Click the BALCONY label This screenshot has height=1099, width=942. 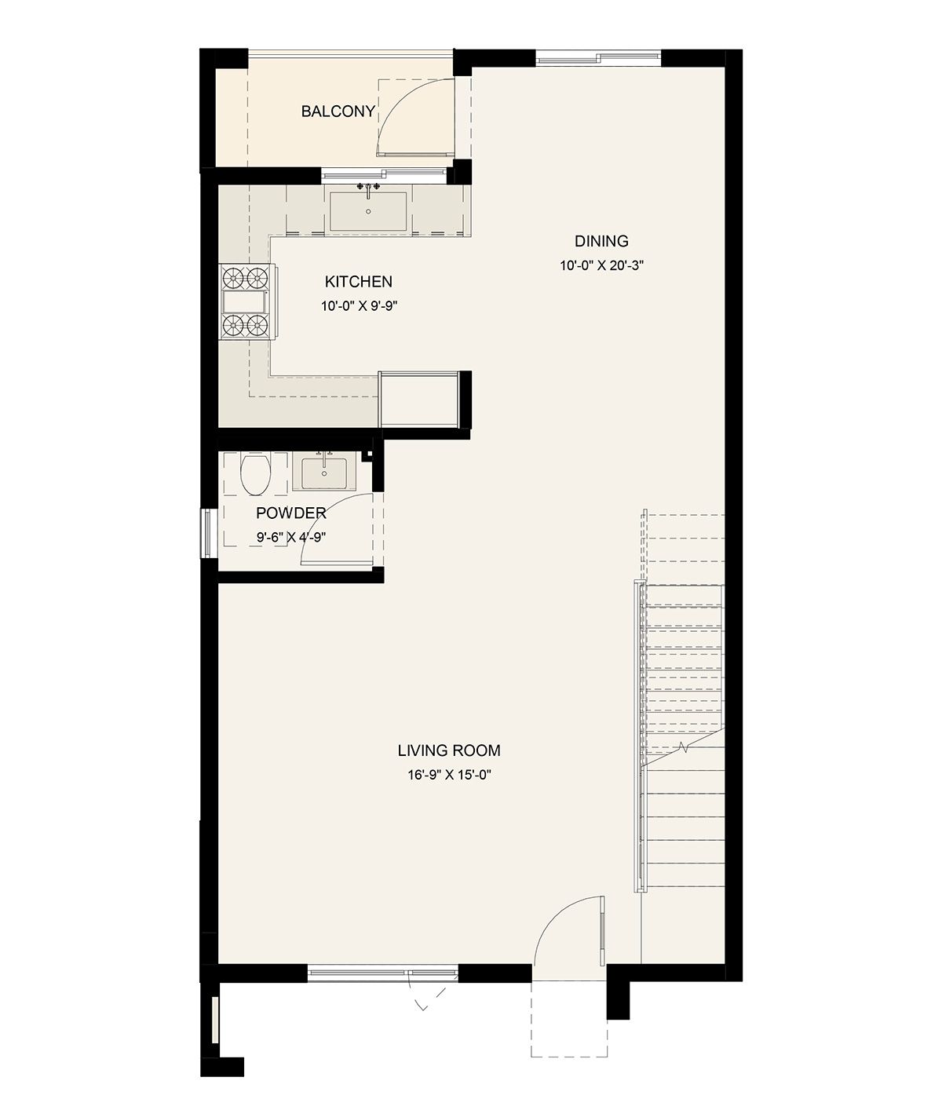[x=338, y=111]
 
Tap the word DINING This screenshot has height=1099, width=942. [x=601, y=241]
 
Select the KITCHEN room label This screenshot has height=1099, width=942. [x=359, y=281]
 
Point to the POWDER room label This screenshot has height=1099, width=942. [x=291, y=513]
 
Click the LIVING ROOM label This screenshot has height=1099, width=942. [x=449, y=750]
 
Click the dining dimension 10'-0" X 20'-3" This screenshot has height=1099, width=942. [x=601, y=265]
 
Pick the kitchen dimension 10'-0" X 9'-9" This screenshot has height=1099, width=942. [x=360, y=305]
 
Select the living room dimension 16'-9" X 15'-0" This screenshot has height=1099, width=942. [x=449, y=775]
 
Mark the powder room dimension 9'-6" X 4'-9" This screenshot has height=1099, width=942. [x=291, y=537]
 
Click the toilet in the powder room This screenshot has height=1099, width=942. [x=256, y=473]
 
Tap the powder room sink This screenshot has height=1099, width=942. [x=323, y=473]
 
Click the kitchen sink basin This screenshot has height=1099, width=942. [x=368, y=211]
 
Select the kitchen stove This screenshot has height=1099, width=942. [x=248, y=302]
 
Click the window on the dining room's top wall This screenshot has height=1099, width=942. [x=598, y=57]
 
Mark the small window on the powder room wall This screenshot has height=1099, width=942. [x=208, y=533]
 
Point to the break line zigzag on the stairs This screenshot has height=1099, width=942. [x=684, y=747]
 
